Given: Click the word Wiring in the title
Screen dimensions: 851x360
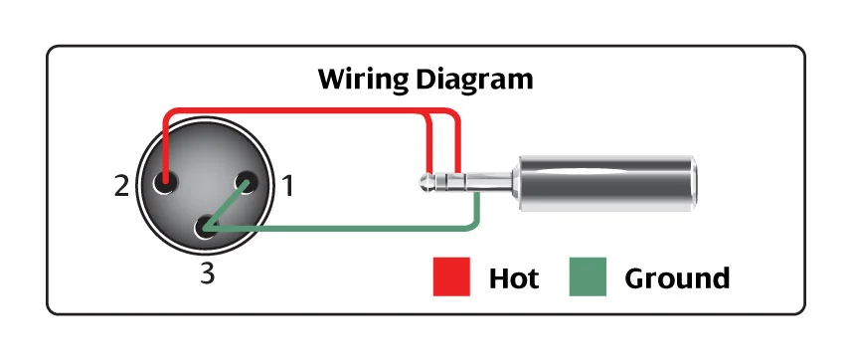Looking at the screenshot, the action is click(363, 80).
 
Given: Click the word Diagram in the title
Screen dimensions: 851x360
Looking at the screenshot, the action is click(475, 80).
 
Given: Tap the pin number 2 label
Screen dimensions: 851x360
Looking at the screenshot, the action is click(121, 186).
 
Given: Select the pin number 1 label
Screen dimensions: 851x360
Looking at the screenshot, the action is click(287, 186).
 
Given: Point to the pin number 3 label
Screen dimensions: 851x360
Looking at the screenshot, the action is click(208, 274).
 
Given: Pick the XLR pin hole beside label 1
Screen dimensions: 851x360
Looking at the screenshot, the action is click(247, 183).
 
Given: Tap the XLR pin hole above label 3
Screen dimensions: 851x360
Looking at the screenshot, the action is click(206, 227).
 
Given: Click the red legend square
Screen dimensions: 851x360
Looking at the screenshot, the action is click(451, 276).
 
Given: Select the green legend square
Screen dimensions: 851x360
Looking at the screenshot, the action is click(588, 276).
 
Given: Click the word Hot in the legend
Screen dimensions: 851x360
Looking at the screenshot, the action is click(513, 278).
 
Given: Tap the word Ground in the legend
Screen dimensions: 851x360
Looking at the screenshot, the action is click(677, 278).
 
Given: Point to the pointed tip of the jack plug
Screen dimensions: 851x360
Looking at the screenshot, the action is click(422, 182).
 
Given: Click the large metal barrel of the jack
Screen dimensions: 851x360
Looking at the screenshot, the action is click(606, 184).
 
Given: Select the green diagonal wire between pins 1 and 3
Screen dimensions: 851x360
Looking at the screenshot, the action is click(227, 207).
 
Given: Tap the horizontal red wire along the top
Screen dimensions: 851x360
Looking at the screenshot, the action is click(309, 110).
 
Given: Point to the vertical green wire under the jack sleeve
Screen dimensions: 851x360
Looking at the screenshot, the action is click(476, 209).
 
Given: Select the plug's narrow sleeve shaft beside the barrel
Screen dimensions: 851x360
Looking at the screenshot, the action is click(488, 182).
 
